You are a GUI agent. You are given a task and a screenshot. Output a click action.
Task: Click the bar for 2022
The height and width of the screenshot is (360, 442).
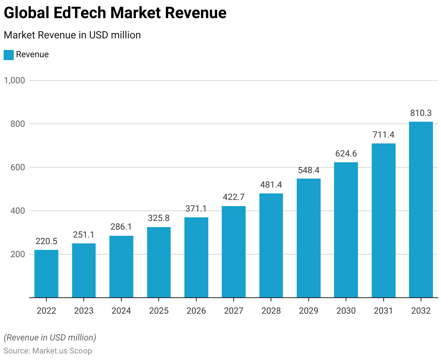coord(46,274)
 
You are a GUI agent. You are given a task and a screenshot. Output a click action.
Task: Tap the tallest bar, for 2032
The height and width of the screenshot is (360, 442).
coord(421,210)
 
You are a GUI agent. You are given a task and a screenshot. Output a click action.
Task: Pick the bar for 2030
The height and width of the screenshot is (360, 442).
coord(346,230)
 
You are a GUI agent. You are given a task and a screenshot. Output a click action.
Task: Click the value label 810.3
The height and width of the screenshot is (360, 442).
coord(421,113)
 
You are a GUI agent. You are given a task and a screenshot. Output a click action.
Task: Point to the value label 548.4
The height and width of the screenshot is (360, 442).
coord(309,170)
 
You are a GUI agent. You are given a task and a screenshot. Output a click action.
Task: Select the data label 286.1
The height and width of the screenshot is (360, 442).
coord(121,227)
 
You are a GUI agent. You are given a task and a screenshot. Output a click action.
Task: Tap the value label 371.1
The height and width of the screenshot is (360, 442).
coord(196,209)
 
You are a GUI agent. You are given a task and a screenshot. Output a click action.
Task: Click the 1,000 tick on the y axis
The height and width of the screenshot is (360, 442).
coord(14,80)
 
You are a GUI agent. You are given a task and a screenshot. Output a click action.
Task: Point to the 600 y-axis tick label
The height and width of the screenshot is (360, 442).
coord(18,167)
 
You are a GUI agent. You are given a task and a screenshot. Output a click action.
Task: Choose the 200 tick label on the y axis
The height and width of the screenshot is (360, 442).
coord(18,254)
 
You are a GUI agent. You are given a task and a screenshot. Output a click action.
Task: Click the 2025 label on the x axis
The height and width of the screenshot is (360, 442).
coord(159,311)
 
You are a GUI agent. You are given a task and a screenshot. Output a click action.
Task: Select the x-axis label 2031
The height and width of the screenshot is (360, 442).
coord(383,311)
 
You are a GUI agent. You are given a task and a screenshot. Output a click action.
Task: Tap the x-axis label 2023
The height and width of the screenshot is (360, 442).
coord(84,311)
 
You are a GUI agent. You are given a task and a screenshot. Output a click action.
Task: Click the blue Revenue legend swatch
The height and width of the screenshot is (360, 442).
coord(9,55)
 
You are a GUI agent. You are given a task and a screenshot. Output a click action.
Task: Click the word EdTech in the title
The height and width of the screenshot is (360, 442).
coord(80,13)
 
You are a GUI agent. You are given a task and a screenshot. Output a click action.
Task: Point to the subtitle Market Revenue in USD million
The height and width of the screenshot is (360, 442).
coord(72,35)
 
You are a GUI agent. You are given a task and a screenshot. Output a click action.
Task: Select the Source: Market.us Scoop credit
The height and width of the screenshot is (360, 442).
coord(48,351)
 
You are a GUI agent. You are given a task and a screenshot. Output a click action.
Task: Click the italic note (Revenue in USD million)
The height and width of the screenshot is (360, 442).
coord(50,338)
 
